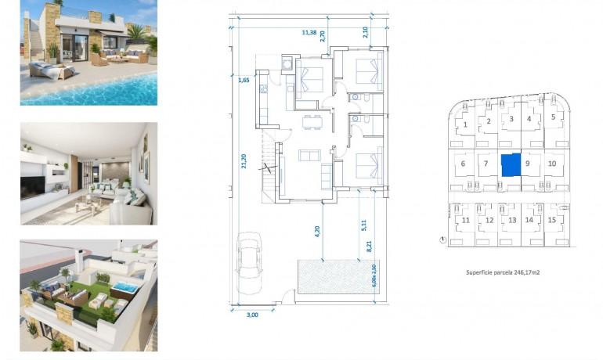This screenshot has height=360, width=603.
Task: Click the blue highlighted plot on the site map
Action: pos(510,165)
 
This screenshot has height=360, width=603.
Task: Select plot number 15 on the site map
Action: pos(553,220)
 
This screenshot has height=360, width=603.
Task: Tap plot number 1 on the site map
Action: pos(465,124)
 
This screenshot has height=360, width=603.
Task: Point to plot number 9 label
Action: pos(529,164)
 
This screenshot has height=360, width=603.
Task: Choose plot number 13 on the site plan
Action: pos(511,221)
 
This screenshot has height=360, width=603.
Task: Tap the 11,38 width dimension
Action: pos(310,32)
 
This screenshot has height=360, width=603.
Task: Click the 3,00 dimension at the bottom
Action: pos(252,315)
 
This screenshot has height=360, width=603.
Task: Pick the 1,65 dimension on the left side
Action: pos(243,78)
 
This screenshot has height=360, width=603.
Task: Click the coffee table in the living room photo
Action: pos(87,205)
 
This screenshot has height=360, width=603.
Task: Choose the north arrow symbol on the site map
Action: pos(442,239)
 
